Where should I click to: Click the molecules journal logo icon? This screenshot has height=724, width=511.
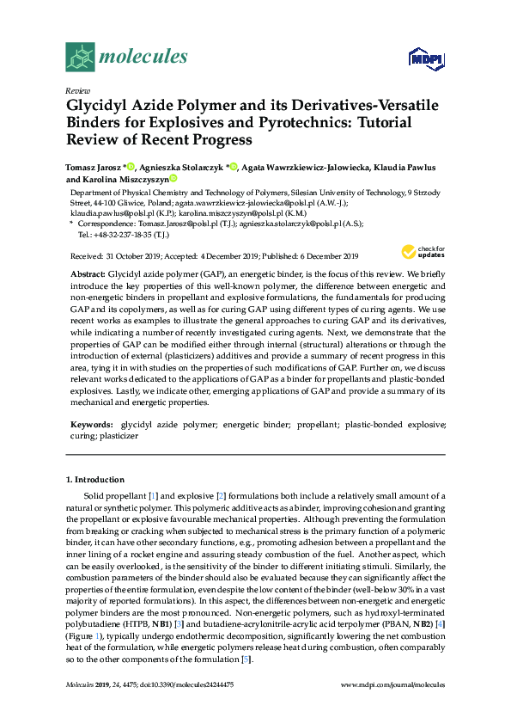(x=80, y=57)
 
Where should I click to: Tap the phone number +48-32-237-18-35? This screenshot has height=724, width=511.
(x=125, y=234)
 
